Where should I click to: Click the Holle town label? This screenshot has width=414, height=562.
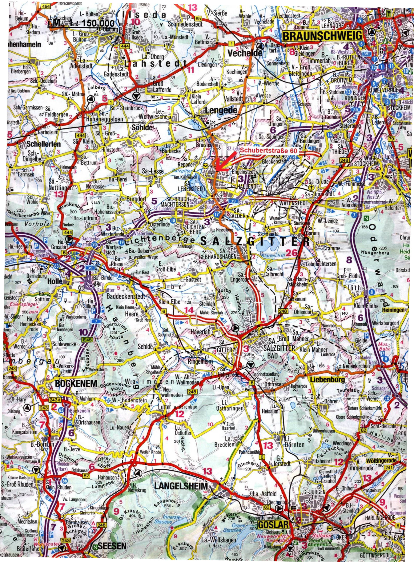pos(55,281)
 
